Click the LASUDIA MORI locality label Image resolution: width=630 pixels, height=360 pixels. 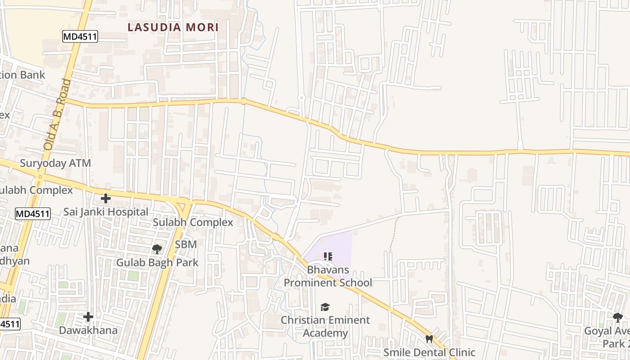pyautogui.click(x=173, y=27)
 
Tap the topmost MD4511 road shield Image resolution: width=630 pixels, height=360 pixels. pyautogui.click(x=80, y=37)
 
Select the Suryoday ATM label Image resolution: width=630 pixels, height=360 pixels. pyautogui.click(x=55, y=163)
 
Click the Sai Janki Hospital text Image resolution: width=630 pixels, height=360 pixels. pyautogui.click(x=106, y=211)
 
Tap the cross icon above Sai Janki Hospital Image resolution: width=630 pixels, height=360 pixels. pyautogui.click(x=106, y=198)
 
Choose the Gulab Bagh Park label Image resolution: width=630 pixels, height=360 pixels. pyautogui.click(x=157, y=262)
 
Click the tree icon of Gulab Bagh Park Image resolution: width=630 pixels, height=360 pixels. pyautogui.click(x=157, y=248)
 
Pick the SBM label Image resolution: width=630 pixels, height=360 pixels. pyautogui.click(x=186, y=244)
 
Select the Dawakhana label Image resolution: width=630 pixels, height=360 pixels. pyautogui.click(x=88, y=330)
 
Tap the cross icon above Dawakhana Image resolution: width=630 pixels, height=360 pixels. pyautogui.click(x=88, y=317)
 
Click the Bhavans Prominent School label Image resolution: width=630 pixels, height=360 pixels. pyautogui.click(x=328, y=276)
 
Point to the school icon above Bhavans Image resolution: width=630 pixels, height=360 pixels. pyautogui.click(x=328, y=256)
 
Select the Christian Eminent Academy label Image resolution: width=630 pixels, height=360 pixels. pyautogui.click(x=325, y=326)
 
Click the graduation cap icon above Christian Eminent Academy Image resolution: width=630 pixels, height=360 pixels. pyautogui.click(x=325, y=307)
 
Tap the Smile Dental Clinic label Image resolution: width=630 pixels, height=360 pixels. pyautogui.click(x=429, y=352)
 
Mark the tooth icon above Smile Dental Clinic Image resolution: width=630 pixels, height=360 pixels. pyautogui.click(x=429, y=338)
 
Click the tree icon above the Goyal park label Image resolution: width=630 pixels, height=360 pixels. pyautogui.click(x=618, y=318)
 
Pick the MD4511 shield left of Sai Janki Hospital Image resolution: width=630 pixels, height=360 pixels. pyautogui.click(x=32, y=214)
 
